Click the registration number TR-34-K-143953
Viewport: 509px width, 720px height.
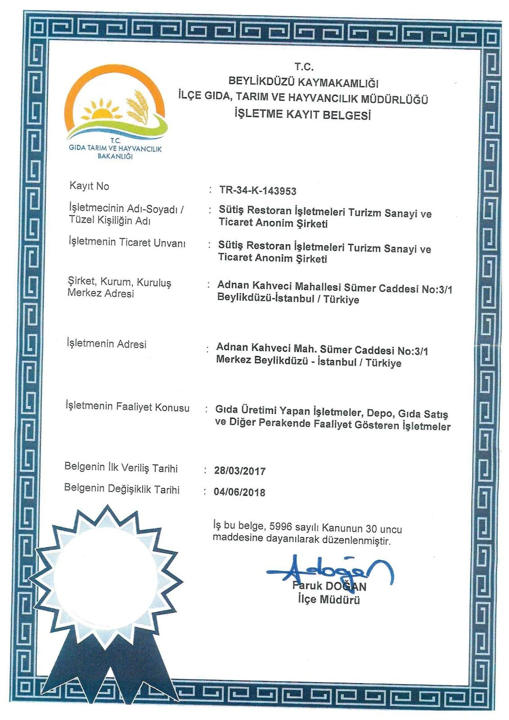point(257,190)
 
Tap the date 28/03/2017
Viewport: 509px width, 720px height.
point(240,471)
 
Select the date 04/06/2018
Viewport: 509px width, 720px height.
point(239,492)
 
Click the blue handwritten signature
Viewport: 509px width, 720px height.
point(331,571)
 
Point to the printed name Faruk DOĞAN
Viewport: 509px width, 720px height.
point(329,586)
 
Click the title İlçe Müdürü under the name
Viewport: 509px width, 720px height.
point(329,599)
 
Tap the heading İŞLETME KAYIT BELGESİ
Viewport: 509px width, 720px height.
point(302,114)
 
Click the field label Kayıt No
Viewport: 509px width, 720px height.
point(89,186)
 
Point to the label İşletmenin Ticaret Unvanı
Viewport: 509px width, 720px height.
point(126,243)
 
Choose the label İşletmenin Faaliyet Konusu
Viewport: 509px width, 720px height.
point(127,407)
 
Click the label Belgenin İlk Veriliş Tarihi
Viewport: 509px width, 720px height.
point(121,468)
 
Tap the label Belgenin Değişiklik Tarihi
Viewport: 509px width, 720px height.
point(122,489)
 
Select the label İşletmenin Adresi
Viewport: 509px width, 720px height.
point(107,344)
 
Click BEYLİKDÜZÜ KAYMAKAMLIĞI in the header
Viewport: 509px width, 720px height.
point(303,82)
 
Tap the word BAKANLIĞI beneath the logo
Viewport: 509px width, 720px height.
point(115,157)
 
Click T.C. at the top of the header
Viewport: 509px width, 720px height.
point(304,67)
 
